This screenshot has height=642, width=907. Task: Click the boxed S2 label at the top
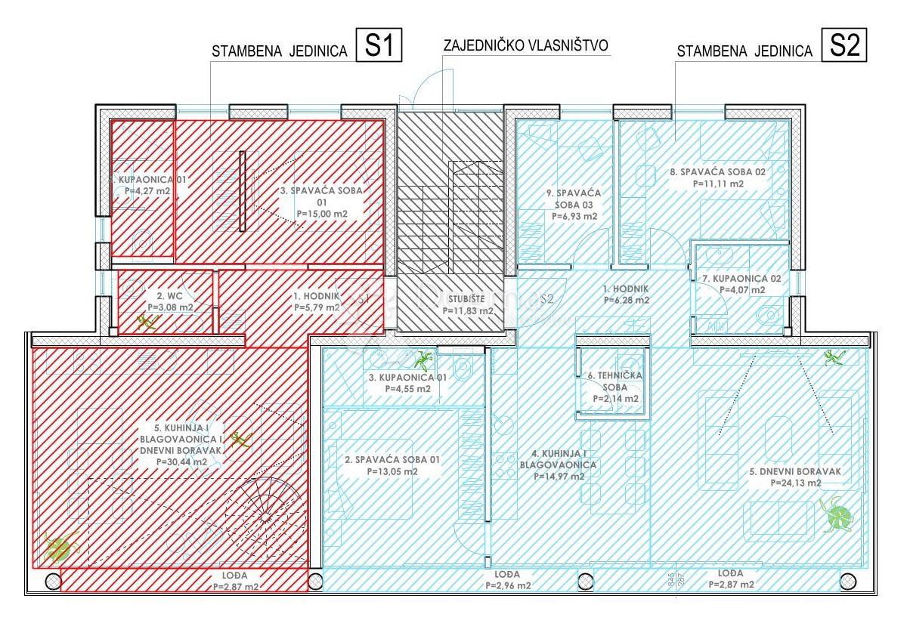(844, 46)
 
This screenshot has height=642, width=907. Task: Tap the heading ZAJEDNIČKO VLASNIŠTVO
(527, 45)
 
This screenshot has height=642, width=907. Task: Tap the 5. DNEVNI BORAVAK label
(795, 477)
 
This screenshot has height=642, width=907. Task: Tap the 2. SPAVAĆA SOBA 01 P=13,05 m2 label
(381, 465)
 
